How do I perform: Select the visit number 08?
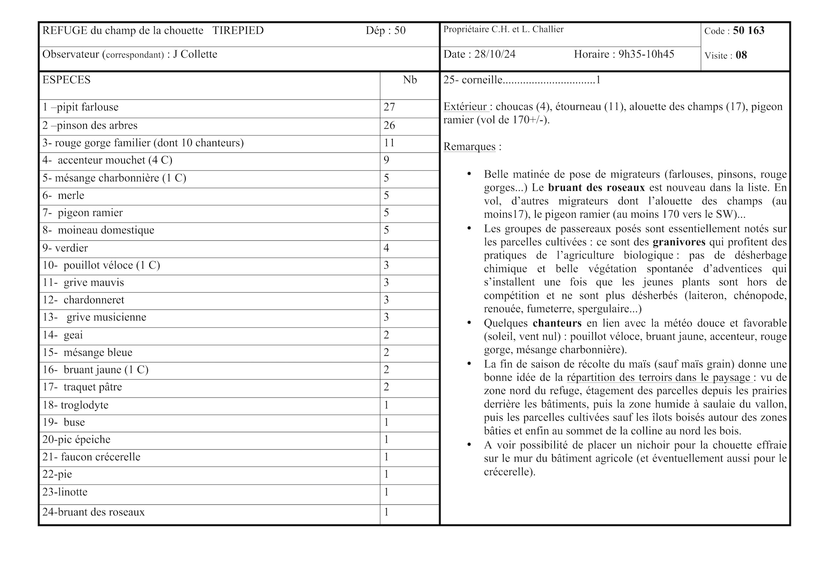[741, 55]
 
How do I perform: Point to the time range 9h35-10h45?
[646, 54]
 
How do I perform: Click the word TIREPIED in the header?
[238, 31]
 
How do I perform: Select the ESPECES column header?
[66, 80]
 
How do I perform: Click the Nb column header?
[409, 80]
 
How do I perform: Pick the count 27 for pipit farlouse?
[389, 107]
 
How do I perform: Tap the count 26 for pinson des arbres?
[389, 126]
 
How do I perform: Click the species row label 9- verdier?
[65, 248]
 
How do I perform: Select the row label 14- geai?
[62, 335]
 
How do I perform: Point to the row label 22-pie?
[57, 474]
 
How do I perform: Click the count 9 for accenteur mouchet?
[386, 160]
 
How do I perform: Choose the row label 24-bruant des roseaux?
[94, 512]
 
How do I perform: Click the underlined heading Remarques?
[469, 147]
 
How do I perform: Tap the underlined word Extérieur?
[465, 107]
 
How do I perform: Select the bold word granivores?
[679, 242]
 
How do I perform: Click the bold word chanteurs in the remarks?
[557, 323]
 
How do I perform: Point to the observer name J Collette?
[195, 54]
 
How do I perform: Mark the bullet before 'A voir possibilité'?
[469, 444]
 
